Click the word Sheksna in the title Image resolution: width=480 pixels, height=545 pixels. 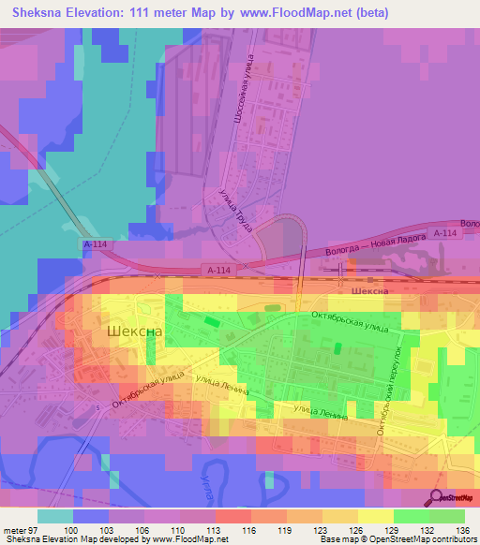(x=42, y=13)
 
